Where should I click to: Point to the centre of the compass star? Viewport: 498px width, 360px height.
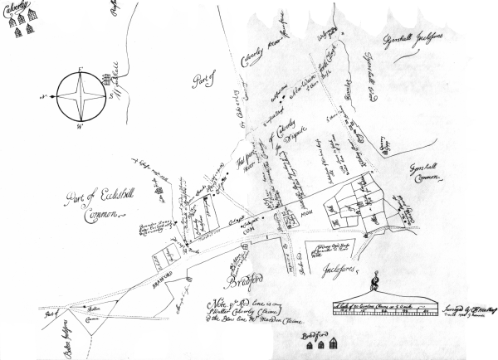pyautogui.click(x=80, y=97)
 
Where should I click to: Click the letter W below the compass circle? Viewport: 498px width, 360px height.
pyautogui.click(x=80, y=129)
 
